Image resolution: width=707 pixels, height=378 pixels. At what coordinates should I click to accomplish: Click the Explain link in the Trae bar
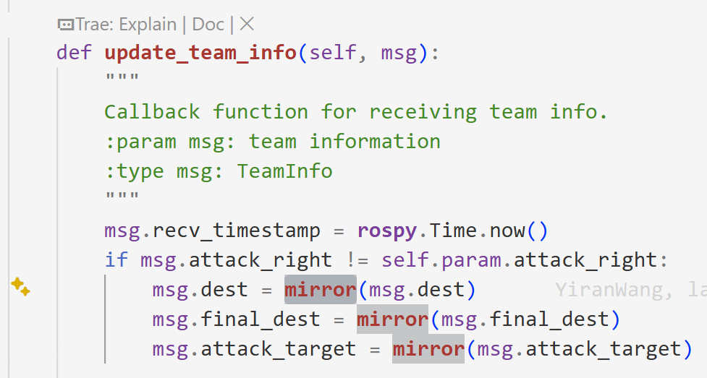(148, 25)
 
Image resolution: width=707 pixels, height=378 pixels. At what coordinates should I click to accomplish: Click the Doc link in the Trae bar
(208, 25)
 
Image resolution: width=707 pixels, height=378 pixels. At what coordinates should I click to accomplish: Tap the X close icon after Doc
(247, 24)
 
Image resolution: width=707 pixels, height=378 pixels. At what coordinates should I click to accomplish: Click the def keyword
(75, 53)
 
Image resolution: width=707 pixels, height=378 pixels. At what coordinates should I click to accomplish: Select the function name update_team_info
(200, 53)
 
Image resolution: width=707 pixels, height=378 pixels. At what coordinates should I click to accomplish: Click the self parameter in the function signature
(333, 53)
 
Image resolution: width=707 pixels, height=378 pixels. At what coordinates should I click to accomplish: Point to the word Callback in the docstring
(153, 112)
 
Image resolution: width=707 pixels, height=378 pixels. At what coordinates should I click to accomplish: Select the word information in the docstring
(375, 142)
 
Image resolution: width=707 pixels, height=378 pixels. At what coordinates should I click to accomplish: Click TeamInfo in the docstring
(285, 171)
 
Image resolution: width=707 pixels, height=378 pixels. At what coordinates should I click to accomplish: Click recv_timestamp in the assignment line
(237, 231)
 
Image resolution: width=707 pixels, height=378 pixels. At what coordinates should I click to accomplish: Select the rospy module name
(387, 231)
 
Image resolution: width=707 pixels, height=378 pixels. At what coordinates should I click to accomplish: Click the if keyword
(117, 260)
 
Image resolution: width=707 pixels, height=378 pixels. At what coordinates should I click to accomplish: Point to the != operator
(357, 260)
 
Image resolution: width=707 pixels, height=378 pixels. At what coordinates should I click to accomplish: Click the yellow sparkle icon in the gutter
(20, 286)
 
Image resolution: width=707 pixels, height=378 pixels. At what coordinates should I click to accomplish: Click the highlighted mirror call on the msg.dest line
(321, 290)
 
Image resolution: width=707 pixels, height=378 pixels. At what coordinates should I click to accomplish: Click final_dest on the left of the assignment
(261, 319)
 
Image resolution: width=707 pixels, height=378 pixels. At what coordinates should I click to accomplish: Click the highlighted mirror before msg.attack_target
(428, 348)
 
